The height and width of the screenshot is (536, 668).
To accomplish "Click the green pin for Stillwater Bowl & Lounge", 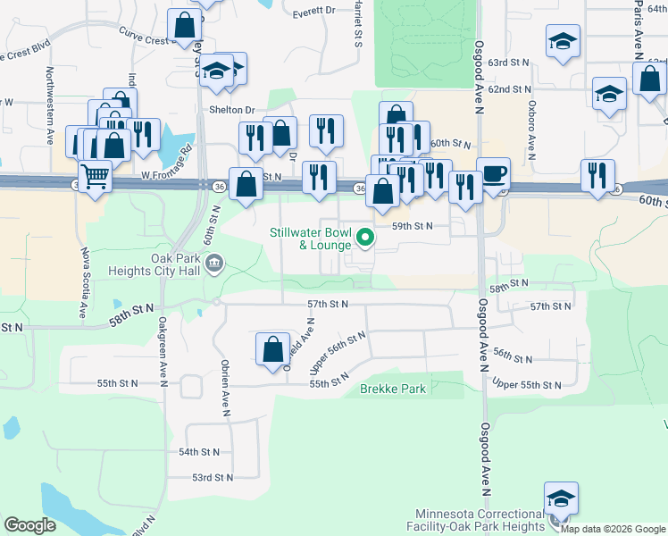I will [364, 238].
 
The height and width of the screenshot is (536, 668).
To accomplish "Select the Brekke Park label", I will [393, 389].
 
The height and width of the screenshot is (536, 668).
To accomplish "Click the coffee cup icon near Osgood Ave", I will [493, 172].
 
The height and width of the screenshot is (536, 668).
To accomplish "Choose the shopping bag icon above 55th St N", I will [272, 348].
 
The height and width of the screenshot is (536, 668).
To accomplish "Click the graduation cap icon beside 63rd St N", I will [563, 42].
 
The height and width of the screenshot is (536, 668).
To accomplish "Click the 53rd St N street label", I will [212, 477].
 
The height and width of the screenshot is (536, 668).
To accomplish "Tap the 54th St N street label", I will [200, 453].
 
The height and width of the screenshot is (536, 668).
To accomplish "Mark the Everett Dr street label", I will [313, 12].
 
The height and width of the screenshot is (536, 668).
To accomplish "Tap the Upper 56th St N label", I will [338, 352].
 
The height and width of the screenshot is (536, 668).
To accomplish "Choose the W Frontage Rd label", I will [166, 163].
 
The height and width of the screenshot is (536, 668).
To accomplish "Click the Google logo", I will [30, 525].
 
